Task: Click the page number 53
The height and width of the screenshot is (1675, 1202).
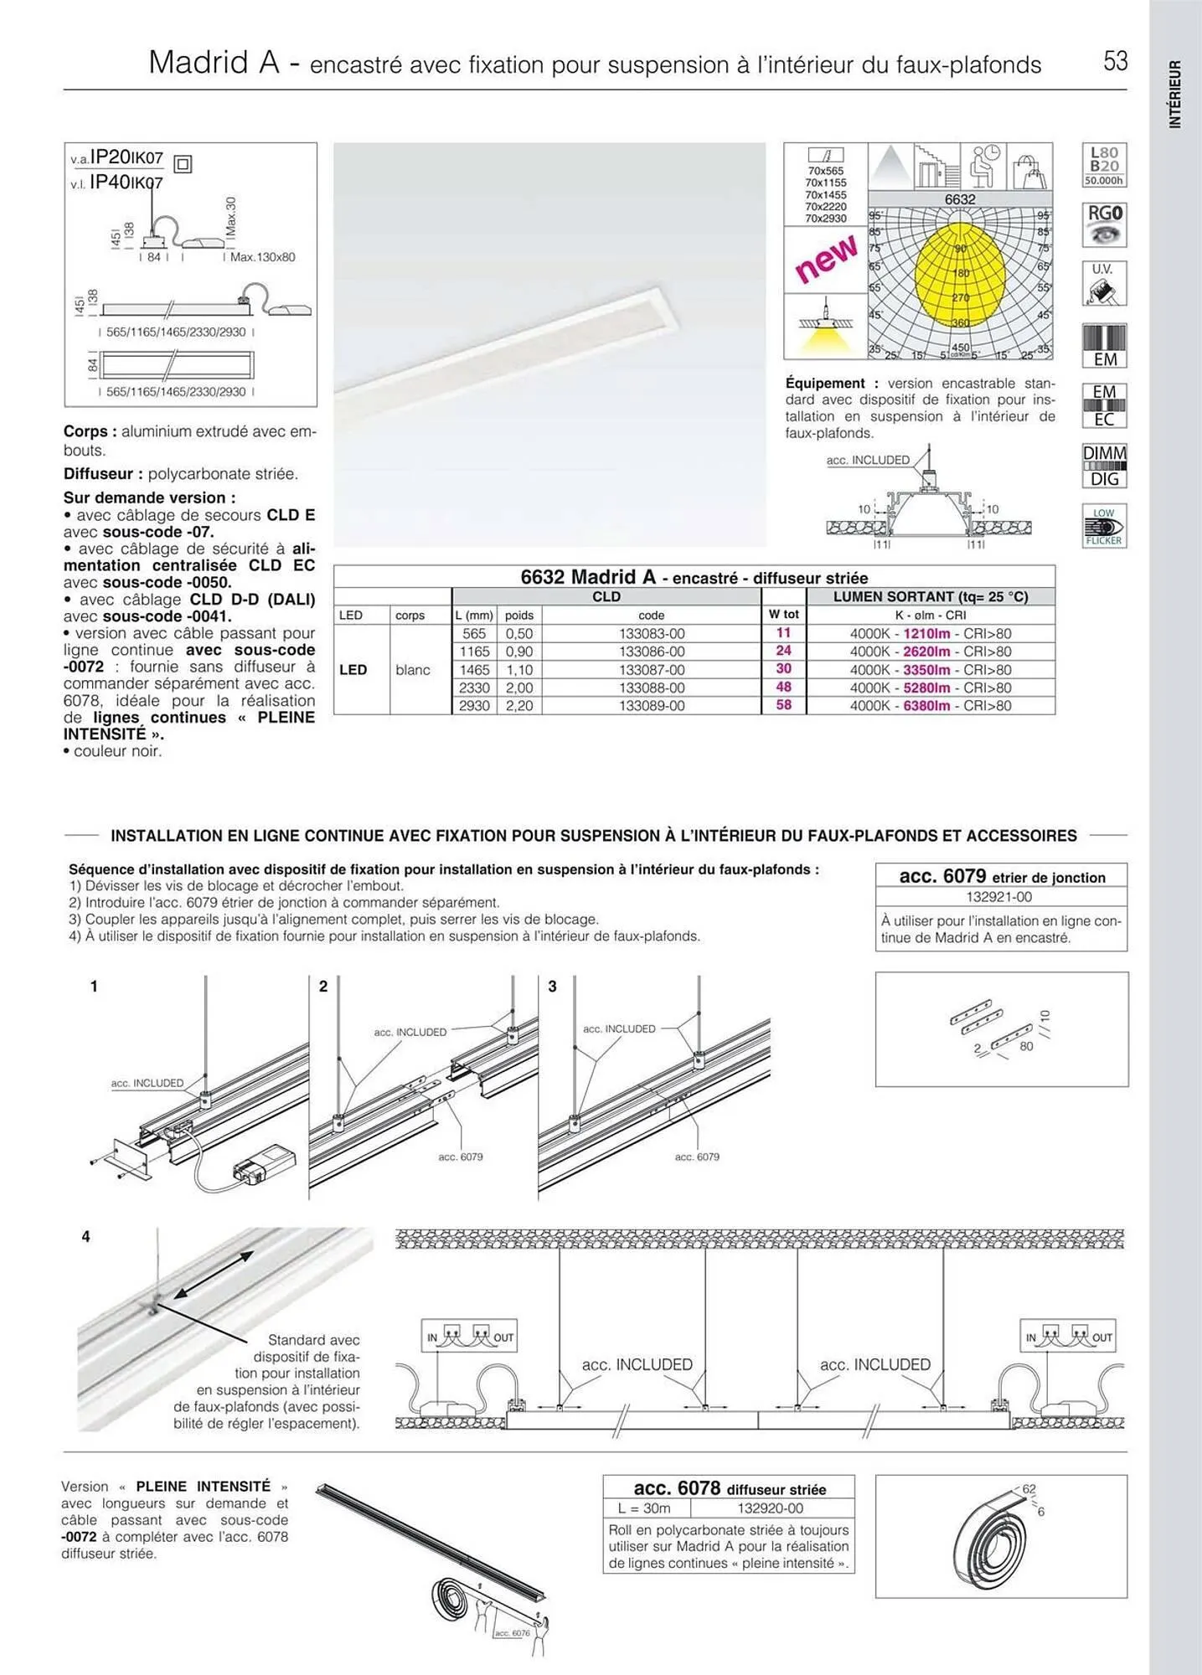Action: click(x=1115, y=61)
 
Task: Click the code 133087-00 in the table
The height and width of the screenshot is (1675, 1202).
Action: click(x=652, y=670)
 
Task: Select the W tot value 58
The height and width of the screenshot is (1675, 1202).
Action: click(x=783, y=705)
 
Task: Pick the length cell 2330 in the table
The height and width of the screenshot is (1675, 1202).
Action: click(x=474, y=688)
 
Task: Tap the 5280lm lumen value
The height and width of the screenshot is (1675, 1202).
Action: click(x=926, y=688)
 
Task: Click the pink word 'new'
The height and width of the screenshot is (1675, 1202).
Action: click(x=826, y=258)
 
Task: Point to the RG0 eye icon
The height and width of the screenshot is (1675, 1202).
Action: click(x=1104, y=224)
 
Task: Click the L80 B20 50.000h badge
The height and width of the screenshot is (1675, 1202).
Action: click(x=1104, y=165)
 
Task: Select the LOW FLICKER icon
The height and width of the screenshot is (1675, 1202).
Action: click(x=1104, y=526)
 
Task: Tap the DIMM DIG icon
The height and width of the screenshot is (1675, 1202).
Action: click(x=1104, y=466)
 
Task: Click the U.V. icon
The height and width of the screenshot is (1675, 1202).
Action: click(x=1104, y=284)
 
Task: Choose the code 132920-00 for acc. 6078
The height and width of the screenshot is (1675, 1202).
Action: click(x=771, y=1508)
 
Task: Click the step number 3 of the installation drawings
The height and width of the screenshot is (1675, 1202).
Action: click(x=552, y=987)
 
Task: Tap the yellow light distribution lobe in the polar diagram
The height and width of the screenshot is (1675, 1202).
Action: click(x=960, y=273)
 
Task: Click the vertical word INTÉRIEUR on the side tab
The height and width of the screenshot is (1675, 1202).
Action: click(x=1175, y=94)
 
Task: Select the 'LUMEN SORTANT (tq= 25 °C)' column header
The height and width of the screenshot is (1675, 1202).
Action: click(x=930, y=597)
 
